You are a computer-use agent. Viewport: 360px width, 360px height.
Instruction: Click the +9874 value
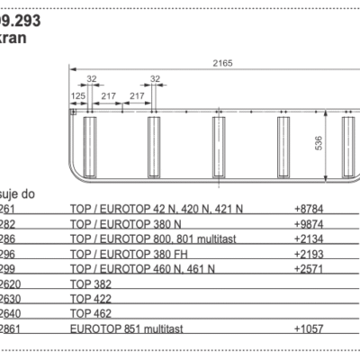click(308, 222)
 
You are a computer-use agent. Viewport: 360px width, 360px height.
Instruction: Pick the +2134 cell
click(308, 238)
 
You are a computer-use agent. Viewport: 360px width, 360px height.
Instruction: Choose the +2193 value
click(308, 254)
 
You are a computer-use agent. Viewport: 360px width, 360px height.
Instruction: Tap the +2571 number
click(308, 268)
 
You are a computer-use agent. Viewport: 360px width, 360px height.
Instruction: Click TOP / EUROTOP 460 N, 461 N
click(142, 268)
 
